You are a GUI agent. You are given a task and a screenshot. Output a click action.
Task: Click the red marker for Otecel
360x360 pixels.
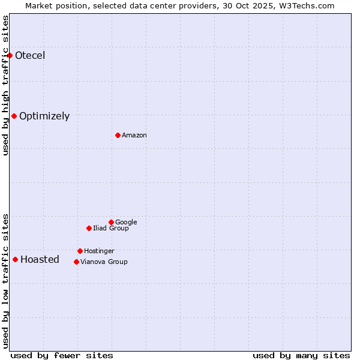coord(10,56)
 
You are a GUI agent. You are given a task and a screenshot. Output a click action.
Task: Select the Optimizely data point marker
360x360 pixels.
coord(14,116)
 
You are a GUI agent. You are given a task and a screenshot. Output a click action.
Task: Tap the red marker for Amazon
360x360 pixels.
coord(118,136)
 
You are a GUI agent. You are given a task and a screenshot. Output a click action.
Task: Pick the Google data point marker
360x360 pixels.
coord(111,223)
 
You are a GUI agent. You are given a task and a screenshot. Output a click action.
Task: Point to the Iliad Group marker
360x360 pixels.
coord(89,229)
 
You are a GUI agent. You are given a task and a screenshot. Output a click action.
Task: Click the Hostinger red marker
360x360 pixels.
coord(80,251)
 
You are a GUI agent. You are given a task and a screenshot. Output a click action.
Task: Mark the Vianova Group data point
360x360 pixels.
coord(76,262)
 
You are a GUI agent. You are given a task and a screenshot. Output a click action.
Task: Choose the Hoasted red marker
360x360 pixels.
coord(15,260)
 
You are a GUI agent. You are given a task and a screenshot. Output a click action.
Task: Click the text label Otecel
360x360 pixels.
coord(30,56)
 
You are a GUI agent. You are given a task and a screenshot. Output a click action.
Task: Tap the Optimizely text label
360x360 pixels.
coord(44,116)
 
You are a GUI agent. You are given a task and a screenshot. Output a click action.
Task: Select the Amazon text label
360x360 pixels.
coord(134,136)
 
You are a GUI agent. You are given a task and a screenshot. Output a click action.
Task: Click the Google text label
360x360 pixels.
coord(126,223)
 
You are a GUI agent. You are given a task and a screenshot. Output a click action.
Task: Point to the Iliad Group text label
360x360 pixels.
coord(111,229)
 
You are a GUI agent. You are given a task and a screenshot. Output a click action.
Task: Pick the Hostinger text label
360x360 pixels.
coord(99,251)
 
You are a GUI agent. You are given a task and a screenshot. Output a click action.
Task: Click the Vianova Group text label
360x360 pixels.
coord(104,262)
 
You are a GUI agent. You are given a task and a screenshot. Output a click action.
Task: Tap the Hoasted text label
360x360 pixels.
coord(40,260)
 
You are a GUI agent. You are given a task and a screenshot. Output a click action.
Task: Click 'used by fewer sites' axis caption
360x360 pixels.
coord(62,355)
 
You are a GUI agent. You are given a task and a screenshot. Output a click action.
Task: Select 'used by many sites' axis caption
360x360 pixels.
coord(301,355)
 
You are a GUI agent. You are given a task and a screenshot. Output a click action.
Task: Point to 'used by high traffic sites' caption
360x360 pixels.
coord(6,85)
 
